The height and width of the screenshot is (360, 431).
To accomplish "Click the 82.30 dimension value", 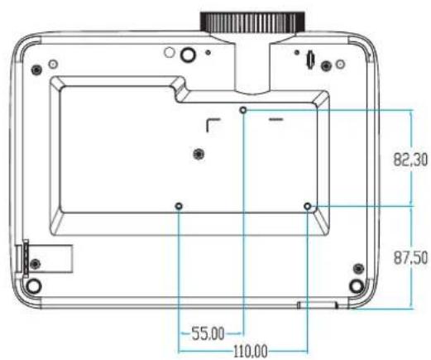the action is (x=410, y=160).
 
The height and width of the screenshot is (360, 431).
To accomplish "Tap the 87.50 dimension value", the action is (x=410, y=257).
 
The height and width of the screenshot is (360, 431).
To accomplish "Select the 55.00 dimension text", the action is (x=208, y=334).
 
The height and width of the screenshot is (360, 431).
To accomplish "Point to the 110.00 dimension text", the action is (x=251, y=352).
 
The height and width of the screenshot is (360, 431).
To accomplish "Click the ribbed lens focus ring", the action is (x=252, y=22).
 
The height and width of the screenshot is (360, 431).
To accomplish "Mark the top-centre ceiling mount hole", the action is (x=243, y=110).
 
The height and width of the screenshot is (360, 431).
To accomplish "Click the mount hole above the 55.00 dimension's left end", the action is (x=179, y=206).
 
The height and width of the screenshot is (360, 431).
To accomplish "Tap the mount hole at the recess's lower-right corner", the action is (x=308, y=206).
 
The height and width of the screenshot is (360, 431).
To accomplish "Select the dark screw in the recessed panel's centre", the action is (x=199, y=154).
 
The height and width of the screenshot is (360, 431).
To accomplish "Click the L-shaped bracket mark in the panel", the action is (x=208, y=122).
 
